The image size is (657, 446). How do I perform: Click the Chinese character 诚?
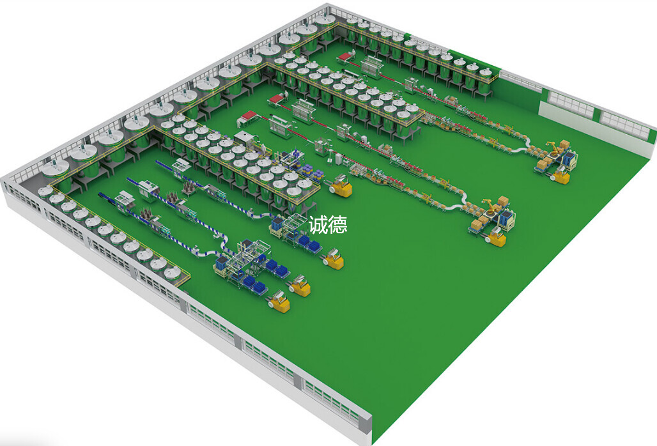coord(318,225)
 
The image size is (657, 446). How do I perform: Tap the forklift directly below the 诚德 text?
coord(334,259)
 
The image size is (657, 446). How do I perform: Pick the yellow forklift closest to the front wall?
coord(279,303)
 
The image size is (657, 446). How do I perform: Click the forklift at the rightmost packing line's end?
coord(560,176)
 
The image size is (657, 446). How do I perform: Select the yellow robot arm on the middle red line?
coord(487,206)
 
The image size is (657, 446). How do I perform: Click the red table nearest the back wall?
coord(346,56)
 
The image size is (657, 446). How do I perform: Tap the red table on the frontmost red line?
coord(247,117)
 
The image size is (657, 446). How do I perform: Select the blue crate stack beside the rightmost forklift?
coord(571,160)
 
